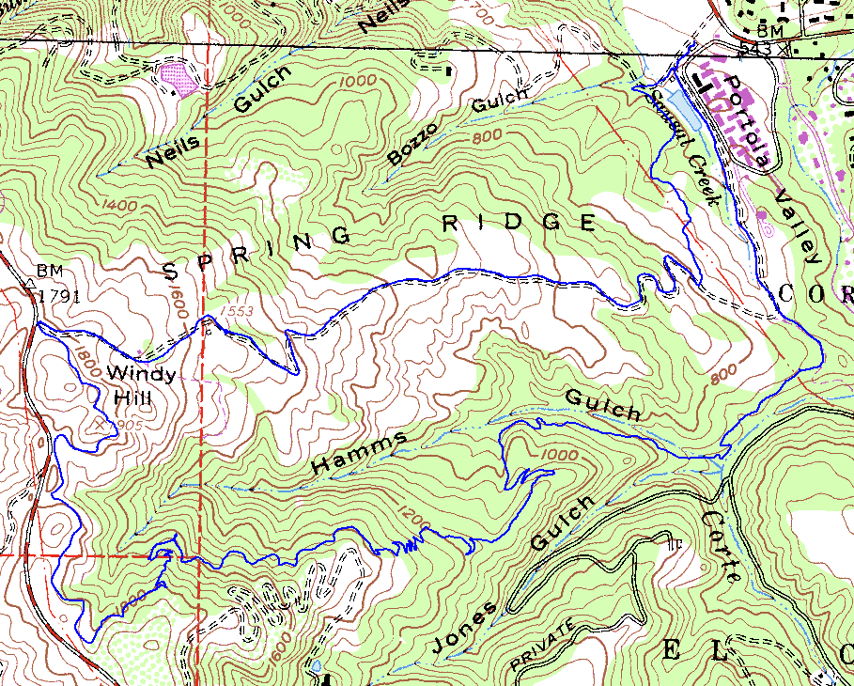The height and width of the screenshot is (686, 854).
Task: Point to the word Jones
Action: click(464, 629)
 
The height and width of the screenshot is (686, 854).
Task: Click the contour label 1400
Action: click(114, 202)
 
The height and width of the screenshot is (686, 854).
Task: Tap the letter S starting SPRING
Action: click(170, 272)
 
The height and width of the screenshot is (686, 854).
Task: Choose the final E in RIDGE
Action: click(588, 222)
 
